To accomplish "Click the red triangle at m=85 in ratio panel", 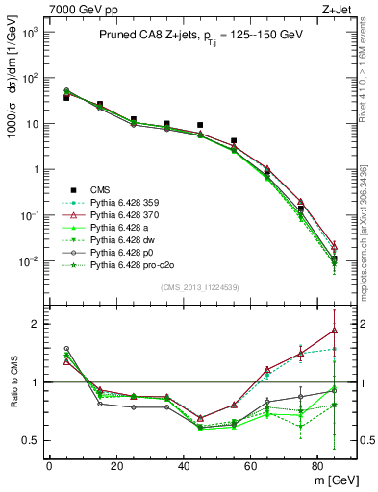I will point(334,331).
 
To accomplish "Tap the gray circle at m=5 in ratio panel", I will point(66,348).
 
